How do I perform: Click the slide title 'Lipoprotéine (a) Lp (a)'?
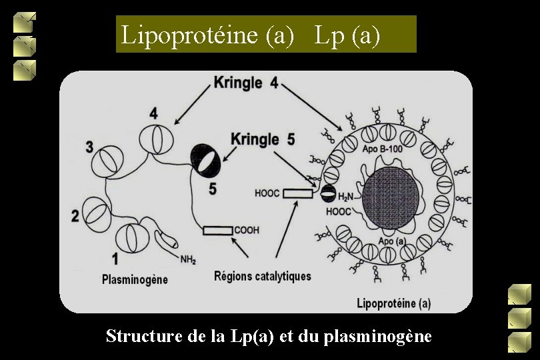click(265, 35)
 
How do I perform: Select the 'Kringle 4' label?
click(246, 84)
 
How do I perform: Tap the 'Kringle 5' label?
click(263, 139)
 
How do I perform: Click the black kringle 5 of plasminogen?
click(205, 159)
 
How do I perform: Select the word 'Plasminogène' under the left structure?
click(135, 279)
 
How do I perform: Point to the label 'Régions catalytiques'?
click(263, 276)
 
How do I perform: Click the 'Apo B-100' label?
click(383, 149)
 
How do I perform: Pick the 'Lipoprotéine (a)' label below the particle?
click(394, 303)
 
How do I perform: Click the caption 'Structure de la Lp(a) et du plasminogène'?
click(269, 336)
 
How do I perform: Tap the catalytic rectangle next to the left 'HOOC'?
click(297, 193)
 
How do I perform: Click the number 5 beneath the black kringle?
click(212, 189)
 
